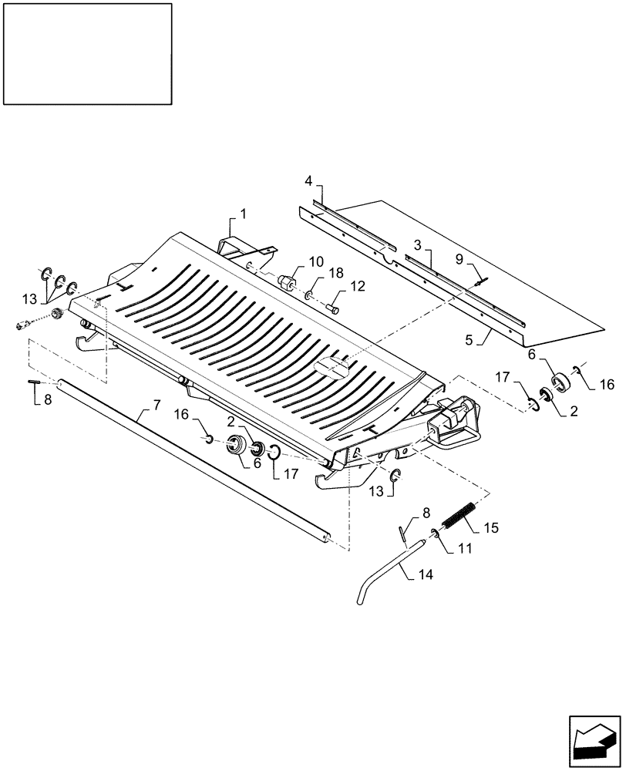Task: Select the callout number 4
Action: click(x=308, y=180)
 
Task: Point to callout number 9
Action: click(x=460, y=260)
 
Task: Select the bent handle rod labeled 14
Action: click(x=385, y=574)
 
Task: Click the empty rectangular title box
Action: click(x=87, y=53)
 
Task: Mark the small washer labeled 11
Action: click(x=435, y=534)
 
